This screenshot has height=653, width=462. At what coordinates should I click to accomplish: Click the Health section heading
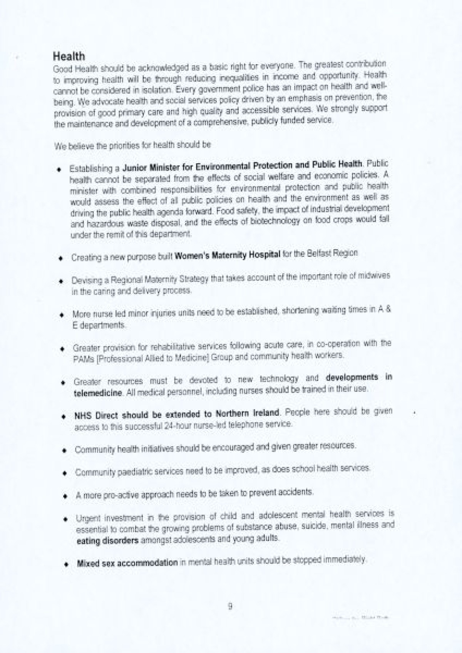pos(69,57)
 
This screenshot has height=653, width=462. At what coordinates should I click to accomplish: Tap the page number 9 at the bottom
pos(230,606)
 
